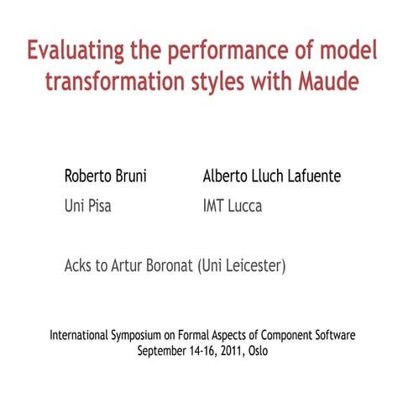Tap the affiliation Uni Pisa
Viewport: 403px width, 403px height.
click(x=88, y=206)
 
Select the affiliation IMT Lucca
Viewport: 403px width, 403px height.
click(x=233, y=206)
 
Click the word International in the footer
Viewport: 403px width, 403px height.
click(x=79, y=335)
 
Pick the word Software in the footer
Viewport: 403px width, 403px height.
click(x=333, y=335)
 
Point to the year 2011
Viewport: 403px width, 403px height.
click(x=233, y=350)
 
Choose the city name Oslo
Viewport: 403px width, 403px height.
click(x=259, y=350)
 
